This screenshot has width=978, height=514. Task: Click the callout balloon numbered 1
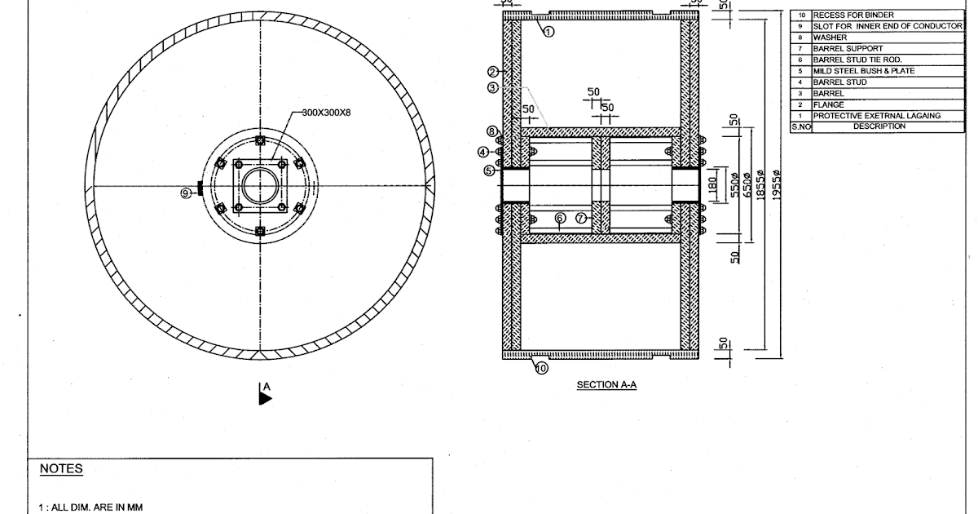pyautogui.click(x=548, y=32)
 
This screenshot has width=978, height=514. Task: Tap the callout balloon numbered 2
pyautogui.click(x=492, y=72)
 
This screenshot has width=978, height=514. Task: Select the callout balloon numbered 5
pyautogui.click(x=489, y=171)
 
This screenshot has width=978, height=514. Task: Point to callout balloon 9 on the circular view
pyautogui.click(x=186, y=193)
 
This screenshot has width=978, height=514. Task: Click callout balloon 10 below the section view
pyautogui.click(x=541, y=368)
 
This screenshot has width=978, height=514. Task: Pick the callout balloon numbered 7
pyautogui.click(x=580, y=218)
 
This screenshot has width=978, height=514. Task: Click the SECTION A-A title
pyautogui.click(x=606, y=385)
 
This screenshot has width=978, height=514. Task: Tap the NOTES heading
pyautogui.click(x=61, y=469)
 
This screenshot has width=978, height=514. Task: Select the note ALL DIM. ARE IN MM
pyautogui.click(x=86, y=507)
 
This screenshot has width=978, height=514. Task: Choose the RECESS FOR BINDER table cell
pyautogui.click(x=852, y=15)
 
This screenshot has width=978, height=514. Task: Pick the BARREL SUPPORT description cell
pyautogui.click(x=847, y=48)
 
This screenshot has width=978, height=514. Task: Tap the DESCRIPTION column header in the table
pyautogui.click(x=879, y=126)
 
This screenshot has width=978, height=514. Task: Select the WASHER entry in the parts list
pyautogui.click(x=830, y=38)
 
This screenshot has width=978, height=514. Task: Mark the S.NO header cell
pyautogui.click(x=800, y=126)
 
